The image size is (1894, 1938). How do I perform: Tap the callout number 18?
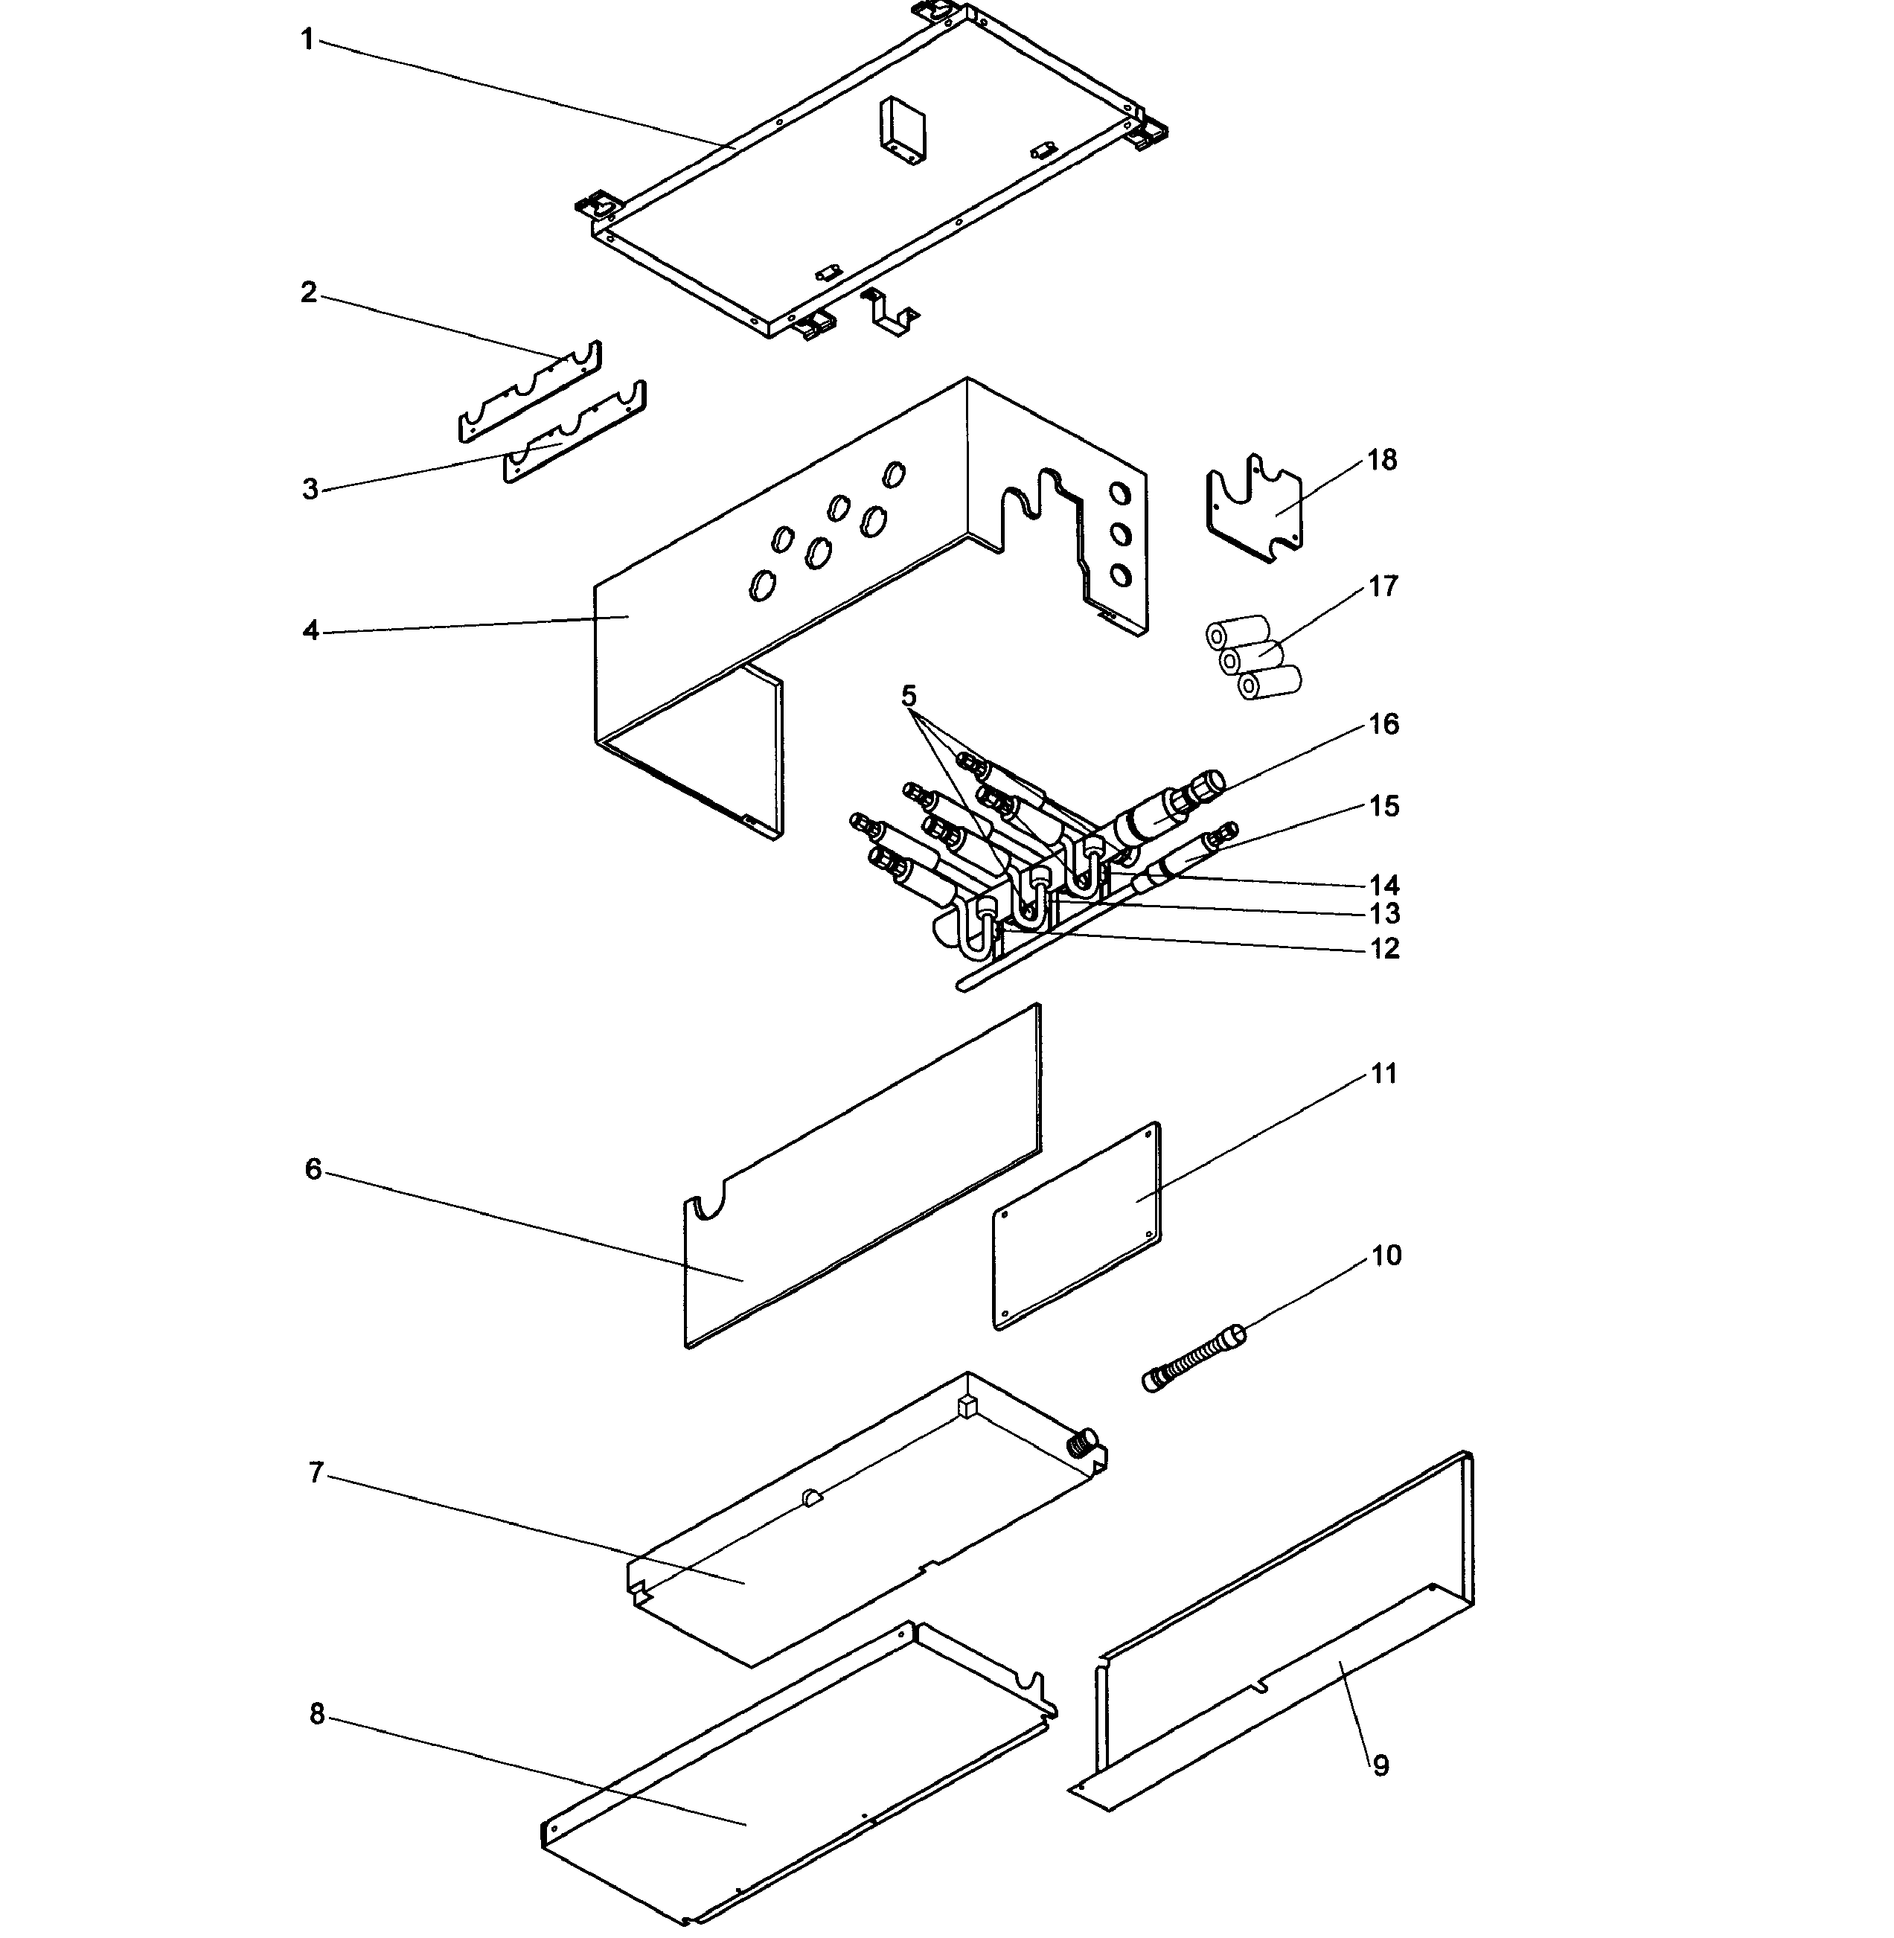[x=1382, y=461]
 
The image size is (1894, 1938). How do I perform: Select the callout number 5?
[x=908, y=695]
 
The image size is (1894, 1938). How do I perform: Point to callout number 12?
[x=1383, y=949]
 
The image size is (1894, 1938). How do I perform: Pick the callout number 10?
[x=1386, y=1256]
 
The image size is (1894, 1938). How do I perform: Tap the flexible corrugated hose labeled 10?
[x=1194, y=1359]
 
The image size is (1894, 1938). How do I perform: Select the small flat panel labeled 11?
[x=1078, y=1226]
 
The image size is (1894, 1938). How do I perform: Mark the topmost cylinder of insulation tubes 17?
[x=1238, y=631]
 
